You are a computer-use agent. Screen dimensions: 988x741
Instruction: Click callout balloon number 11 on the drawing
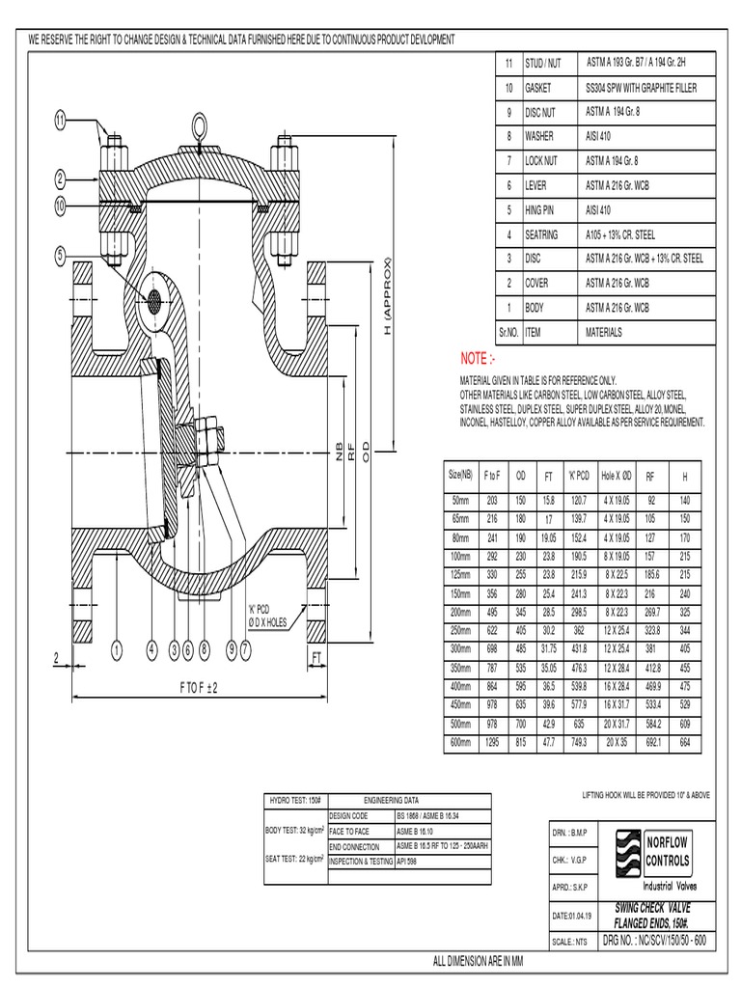(x=60, y=121)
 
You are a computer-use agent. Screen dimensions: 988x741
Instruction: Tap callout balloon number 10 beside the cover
(x=60, y=206)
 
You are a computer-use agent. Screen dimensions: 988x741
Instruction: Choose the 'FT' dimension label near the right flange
(x=316, y=656)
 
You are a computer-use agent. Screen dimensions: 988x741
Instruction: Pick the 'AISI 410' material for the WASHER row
(x=598, y=137)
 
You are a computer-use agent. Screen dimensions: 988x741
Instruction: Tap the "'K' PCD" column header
(x=579, y=476)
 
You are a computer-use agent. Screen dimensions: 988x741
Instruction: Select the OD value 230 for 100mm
(x=521, y=556)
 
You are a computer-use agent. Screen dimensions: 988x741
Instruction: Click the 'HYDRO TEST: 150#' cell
(x=293, y=800)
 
